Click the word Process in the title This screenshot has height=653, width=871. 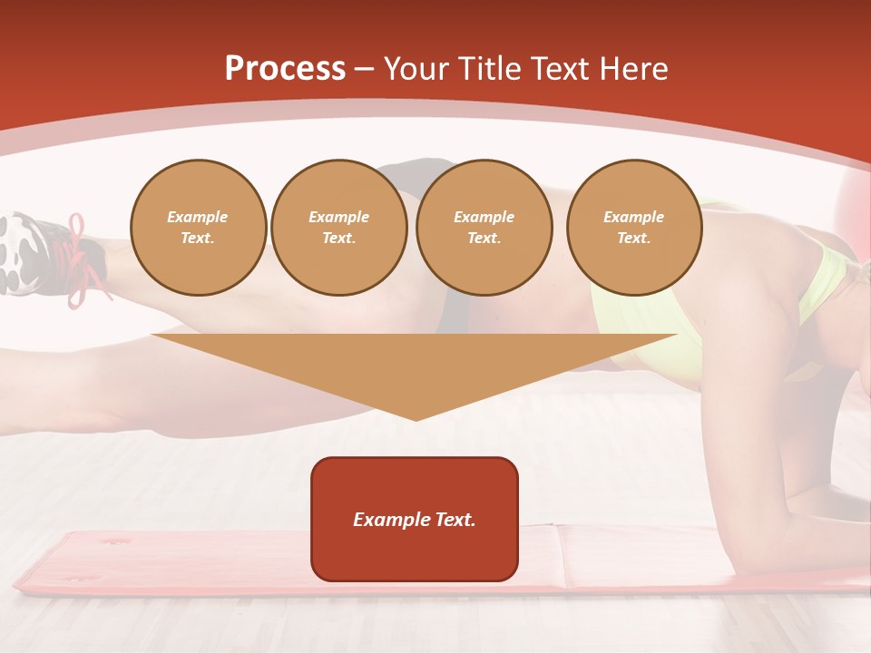[285, 69]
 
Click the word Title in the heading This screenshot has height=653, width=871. [485, 69]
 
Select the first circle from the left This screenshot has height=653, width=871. [198, 228]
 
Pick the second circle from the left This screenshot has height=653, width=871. [339, 228]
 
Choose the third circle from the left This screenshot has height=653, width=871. [484, 228]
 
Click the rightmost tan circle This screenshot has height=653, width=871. [634, 228]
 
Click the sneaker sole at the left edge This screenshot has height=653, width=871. [18, 253]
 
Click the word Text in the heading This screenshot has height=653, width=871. [560, 69]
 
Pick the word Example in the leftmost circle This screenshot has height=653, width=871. [198, 217]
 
